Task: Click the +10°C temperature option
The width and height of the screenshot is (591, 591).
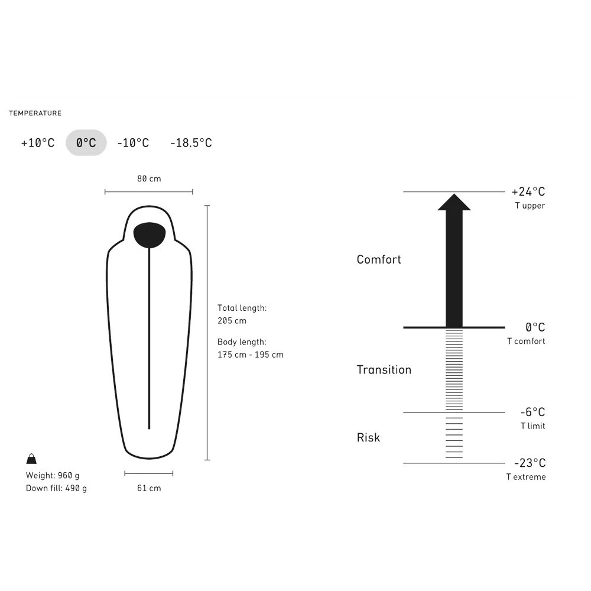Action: [38, 143]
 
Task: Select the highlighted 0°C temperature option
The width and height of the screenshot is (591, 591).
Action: [86, 142]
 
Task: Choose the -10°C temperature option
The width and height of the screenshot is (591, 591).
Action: [133, 143]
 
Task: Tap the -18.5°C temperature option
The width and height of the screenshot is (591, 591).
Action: [191, 143]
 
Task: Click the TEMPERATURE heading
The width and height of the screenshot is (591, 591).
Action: [35, 113]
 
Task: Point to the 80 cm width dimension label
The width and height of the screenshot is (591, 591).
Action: [149, 178]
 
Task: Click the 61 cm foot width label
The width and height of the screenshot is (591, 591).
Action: [149, 488]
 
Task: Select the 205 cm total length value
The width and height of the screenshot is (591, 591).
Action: [232, 321]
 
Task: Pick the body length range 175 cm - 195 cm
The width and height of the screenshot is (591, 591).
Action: [250, 355]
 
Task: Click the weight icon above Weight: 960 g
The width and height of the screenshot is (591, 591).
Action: [32, 459]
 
